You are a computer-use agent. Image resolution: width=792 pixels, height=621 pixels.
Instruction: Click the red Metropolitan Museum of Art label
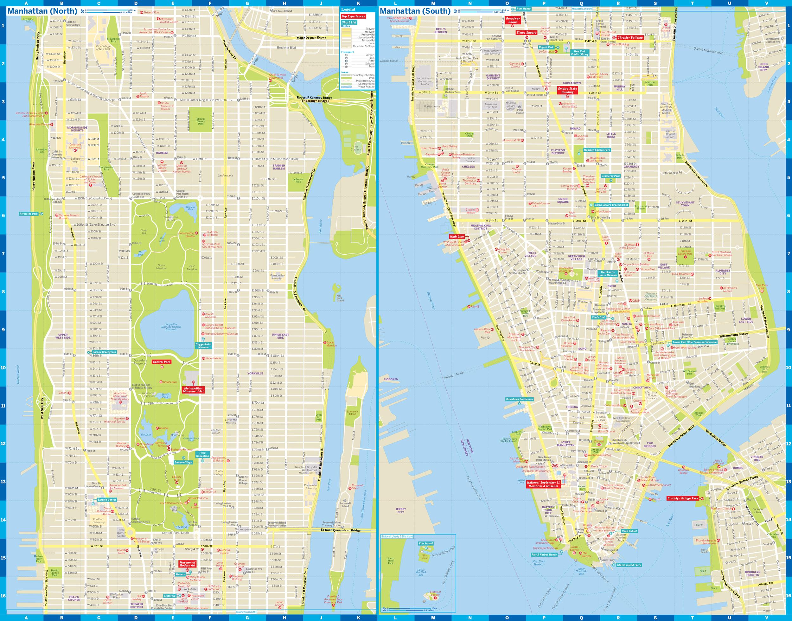193,390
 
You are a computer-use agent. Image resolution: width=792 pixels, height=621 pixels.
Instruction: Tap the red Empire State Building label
567,90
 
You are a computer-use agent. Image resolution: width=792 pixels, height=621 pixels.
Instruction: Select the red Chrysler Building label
630,37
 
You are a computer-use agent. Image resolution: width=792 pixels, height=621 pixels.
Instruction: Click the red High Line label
457,236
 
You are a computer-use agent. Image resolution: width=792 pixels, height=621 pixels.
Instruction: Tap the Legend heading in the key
348,10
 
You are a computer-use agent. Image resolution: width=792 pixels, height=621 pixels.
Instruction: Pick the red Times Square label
526,32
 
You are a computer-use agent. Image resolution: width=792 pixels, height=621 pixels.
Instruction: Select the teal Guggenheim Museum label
203,345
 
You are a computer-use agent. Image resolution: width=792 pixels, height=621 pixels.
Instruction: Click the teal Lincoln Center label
107,500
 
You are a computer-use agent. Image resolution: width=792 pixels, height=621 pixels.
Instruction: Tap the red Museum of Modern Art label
187,564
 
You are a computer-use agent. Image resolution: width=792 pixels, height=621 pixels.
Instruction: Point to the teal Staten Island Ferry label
629,565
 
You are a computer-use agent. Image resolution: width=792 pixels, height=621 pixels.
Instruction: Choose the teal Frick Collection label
202,454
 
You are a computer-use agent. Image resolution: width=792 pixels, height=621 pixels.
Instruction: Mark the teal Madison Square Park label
597,150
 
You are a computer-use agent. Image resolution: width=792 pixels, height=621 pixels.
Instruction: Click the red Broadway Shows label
513,20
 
